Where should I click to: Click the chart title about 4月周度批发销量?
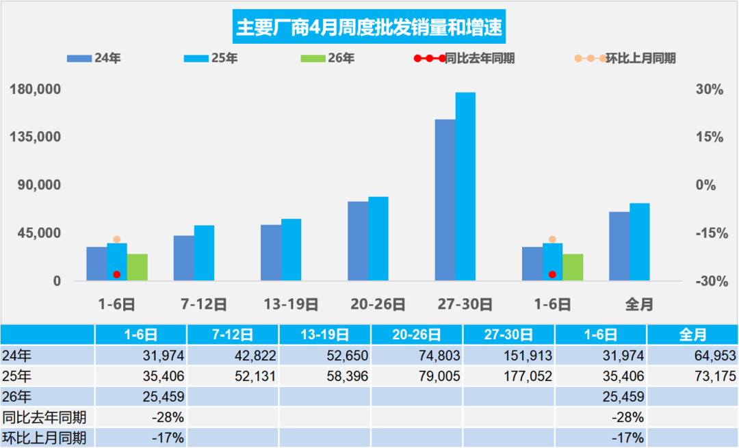click(369, 28)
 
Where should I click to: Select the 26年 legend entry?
click(341, 59)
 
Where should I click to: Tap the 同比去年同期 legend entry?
click(479, 59)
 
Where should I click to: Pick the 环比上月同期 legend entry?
click(640, 59)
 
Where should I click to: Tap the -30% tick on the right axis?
click(710, 281)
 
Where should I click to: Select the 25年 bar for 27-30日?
click(465, 187)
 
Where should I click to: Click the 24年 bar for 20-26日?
click(358, 241)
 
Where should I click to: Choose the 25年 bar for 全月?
click(640, 242)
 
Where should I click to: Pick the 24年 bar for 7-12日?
click(183, 258)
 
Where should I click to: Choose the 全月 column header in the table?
click(692, 335)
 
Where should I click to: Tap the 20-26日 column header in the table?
click(417, 335)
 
